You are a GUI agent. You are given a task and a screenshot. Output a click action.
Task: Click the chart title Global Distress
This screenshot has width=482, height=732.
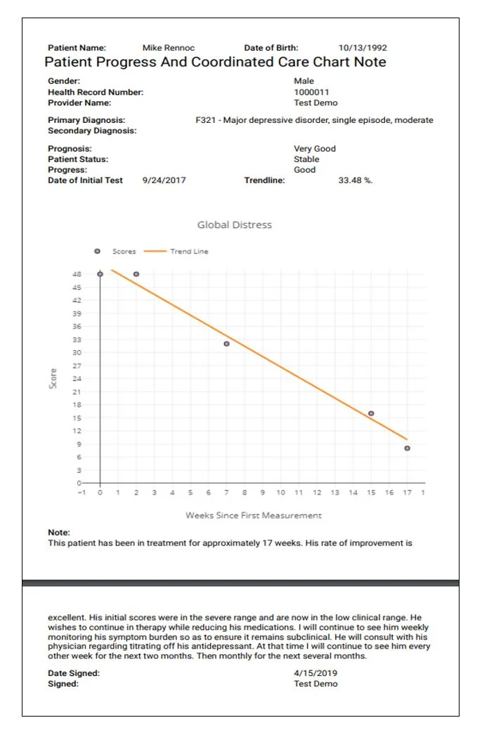click(x=234, y=225)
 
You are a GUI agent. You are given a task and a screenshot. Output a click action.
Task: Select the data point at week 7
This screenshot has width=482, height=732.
click(x=226, y=344)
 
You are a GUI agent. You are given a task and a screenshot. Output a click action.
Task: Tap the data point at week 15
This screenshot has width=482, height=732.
click(x=371, y=413)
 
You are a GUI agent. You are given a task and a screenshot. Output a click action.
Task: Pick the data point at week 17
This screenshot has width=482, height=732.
click(x=407, y=448)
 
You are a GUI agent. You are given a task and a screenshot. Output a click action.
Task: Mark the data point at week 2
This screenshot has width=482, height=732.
click(x=136, y=274)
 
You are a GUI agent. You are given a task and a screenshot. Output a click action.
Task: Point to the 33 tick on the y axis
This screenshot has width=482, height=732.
click(x=77, y=340)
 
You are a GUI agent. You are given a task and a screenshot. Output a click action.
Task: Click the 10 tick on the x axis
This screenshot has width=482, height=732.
click(x=280, y=493)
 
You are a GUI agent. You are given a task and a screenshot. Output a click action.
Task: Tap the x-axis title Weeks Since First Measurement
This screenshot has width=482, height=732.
click(x=253, y=515)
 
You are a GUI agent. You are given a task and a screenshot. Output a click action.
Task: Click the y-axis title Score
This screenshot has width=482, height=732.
click(x=53, y=379)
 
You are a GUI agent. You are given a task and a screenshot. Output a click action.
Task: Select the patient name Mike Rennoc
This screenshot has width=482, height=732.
click(x=169, y=48)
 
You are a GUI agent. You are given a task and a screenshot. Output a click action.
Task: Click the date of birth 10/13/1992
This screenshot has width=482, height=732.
click(x=363, y=48)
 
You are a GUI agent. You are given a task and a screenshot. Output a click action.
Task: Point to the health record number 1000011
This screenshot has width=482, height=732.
click(x=311, y=92)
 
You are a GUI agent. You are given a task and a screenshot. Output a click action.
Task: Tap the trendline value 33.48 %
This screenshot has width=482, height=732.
click(x=356, y=180)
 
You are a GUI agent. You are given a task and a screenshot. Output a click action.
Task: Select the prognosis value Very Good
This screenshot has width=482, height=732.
click(x=315, y=149)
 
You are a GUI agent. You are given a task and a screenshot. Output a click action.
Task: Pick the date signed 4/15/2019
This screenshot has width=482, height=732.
click(x=315, y=673)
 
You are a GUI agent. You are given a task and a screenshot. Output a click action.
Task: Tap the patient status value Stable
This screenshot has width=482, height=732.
click(x=306, y=159)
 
